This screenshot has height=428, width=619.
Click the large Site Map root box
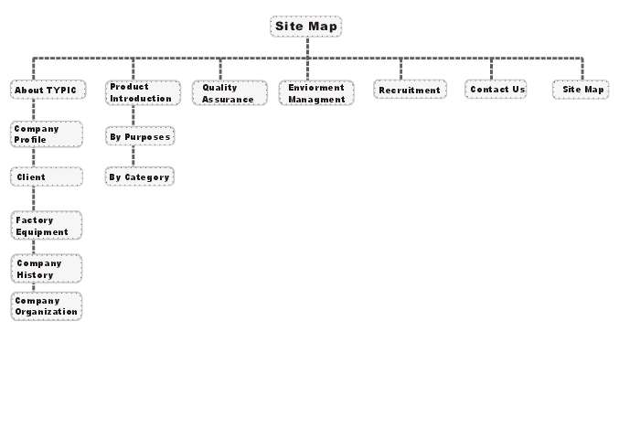[306, 27]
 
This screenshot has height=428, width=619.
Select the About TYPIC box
[48, 90]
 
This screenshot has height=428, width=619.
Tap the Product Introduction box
[143, 92]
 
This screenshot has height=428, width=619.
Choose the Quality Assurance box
[229, 93]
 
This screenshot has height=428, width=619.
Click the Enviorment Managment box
[316, 93]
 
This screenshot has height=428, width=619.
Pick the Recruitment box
[411, 90]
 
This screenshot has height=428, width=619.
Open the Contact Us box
[496, 90]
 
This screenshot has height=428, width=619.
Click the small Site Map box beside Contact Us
[581, 90]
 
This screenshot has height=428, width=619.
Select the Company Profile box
[47, 134]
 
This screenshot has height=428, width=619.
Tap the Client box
[47, 177]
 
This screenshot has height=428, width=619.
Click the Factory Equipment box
[47, 226]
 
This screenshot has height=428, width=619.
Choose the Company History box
[47, 269]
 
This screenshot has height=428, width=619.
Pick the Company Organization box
[47, 306]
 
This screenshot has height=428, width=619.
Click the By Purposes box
[140, 136]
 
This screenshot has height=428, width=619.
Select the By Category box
[140, 177]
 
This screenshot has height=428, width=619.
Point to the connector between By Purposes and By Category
[133, 156]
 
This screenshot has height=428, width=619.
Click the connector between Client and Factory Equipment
[34, 198]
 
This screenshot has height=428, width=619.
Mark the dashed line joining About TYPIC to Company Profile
[34, 110]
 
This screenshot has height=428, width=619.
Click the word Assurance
[228, 100]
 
